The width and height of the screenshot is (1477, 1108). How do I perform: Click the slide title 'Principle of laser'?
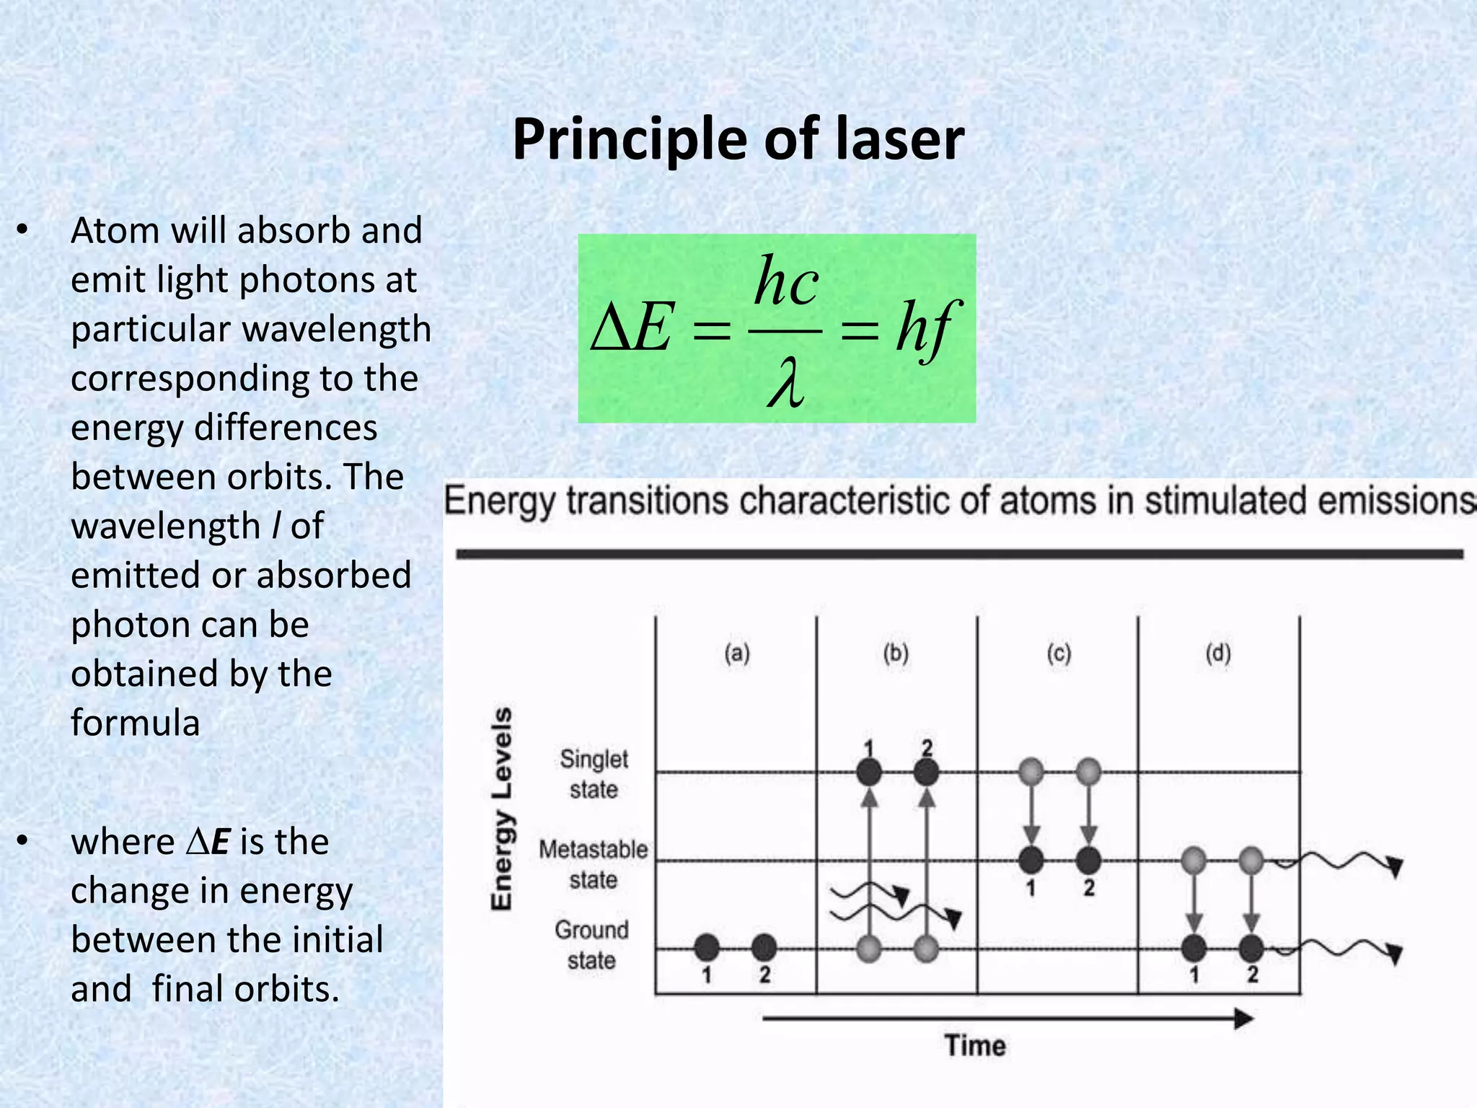738,138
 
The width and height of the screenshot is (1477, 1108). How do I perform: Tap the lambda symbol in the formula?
785,383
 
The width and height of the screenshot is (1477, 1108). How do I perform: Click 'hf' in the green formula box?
926,329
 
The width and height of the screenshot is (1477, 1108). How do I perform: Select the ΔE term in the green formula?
632,329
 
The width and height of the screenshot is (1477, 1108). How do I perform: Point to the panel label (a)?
737,654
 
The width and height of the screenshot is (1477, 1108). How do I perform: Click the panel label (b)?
896,654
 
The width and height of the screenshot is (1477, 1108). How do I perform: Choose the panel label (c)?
1059,654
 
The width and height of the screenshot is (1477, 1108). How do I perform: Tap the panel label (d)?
1218,654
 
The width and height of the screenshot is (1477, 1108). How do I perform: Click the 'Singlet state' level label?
594,774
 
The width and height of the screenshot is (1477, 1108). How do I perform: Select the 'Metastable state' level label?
593,864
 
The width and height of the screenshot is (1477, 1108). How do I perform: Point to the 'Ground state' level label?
591,945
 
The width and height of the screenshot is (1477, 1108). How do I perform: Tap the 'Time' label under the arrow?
975,1045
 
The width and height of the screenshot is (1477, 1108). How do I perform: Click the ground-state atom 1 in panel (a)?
707,947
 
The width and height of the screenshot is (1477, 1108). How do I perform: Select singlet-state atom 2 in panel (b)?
927,773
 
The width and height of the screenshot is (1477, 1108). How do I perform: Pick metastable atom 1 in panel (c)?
1031,860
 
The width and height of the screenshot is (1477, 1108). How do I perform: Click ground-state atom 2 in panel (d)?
1251,947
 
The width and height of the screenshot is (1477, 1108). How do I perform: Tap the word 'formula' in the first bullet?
135,723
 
